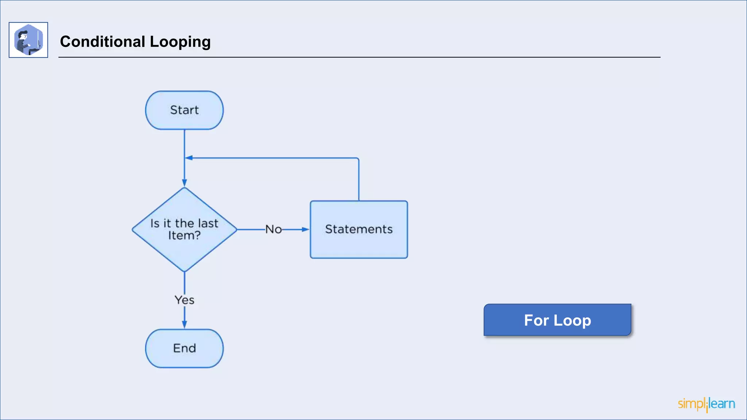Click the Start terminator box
[x=184, y=110]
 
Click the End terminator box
[x=184, y=348]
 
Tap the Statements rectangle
[x=359, y=241]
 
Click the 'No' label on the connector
[x=273, y=229]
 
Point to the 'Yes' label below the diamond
[x=184, y=300]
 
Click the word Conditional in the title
[x=102, y=42]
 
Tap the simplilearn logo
[x=706, y=404]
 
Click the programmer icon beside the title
[x=28, y=40]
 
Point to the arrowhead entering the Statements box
[x=306, y=229]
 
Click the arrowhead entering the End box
[x=184, y=324]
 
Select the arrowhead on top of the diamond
[x=184, y=183]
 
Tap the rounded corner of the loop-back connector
[x=358, y=159]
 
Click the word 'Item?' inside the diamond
[x=184, y=236]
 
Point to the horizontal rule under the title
[x=359, y=57]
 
